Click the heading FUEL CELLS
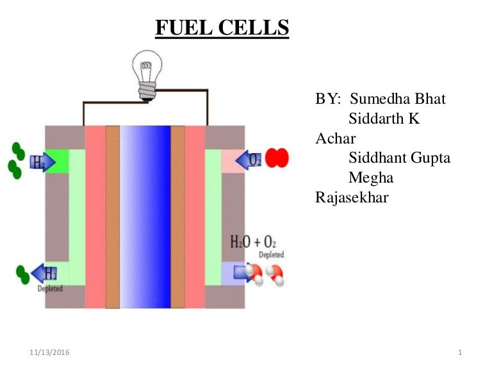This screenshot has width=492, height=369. click(x=222, y=28)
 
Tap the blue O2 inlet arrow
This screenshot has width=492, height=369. click(x=249, y=159)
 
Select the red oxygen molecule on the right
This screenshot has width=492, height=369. click(x=277, y=158)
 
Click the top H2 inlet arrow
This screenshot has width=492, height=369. click(x=40, y=161)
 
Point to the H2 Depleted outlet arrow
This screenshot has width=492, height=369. click(x=44, y=274)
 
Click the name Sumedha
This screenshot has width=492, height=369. click(x=380, y=100)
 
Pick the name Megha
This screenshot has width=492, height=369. click(x=371, y=177)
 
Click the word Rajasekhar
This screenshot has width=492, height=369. click(x=352, y=197)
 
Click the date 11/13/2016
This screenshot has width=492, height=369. click(x=50, y=353)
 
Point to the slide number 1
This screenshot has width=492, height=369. click(x=461, y=353)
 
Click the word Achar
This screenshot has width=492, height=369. click(x=336, y=139)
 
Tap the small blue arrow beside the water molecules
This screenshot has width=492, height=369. click(x=242, y=274)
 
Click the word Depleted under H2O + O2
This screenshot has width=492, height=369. click(x=271, y=255)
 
